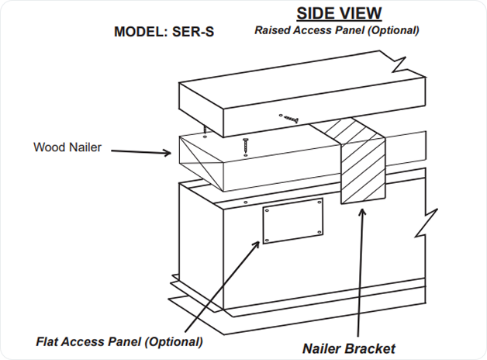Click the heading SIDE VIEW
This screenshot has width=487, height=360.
point(338,13)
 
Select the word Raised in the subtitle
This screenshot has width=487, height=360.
point(272,30)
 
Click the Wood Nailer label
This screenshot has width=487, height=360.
point(67,147)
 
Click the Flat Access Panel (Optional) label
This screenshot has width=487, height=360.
point(119,341)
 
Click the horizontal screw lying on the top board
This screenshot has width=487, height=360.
point(290,118)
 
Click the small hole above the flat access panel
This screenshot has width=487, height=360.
point(245,202)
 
